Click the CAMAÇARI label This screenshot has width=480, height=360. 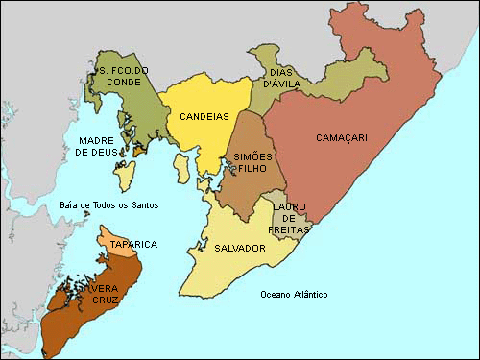tap(342, 138)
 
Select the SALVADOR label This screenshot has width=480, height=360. tap(240, 248)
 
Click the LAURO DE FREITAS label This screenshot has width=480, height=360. tap(289, 217)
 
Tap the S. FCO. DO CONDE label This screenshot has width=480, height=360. tap(122, 76)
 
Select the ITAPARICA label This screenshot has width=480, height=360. tap(132, 245)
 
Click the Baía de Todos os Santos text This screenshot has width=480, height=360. tap(108, 204)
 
